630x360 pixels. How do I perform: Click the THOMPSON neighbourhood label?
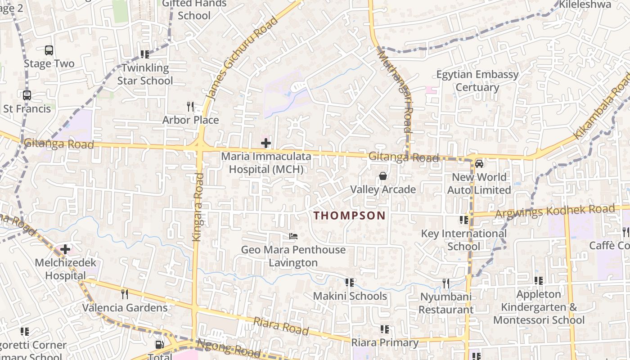pos(350,216)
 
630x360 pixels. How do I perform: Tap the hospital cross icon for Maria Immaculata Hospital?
pos(266,143)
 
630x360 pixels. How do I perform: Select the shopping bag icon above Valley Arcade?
pos(382,176)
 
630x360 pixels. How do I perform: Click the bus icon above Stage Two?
pos(49,50)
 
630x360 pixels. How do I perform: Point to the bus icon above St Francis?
pos(27,95)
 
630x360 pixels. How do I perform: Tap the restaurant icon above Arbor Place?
pos(190,107)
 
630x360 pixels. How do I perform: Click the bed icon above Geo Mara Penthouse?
pos(293,236)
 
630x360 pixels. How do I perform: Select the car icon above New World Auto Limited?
pos(479,163)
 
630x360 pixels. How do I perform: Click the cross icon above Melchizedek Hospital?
pos(65,249)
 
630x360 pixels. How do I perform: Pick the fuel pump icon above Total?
pos(159,345)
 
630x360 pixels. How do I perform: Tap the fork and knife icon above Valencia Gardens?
pos(125,294)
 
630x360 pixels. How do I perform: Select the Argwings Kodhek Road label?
pos(554,211)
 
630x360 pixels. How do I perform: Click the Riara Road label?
pos(281,326)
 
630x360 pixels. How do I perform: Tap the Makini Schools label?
pos(350,296)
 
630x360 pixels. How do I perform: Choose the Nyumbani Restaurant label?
pos(446,303)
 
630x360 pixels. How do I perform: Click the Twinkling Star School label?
pos(145,75)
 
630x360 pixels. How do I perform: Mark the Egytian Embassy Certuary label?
pos(477,81)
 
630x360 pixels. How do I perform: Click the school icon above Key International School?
pos(464,220)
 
